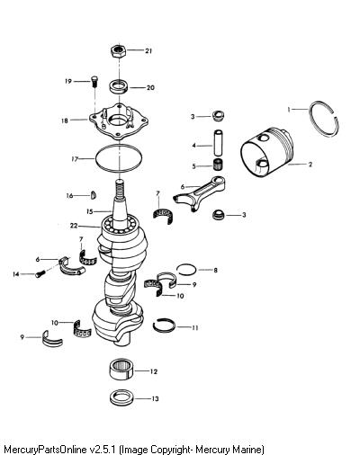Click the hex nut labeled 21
point(119,51)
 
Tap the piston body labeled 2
point(266,153)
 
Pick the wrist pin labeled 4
point(219,143)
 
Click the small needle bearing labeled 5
point(219,165)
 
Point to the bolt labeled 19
point(94,82)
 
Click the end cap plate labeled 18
point(119,120)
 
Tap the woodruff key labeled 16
point(94,195)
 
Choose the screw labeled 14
point(40,273)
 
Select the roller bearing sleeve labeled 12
point(121,370)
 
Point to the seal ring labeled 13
point(121,397)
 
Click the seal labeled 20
point(119,86)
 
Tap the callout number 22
point(74,226)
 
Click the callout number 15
point(90,211)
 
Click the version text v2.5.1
point(103,450)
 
